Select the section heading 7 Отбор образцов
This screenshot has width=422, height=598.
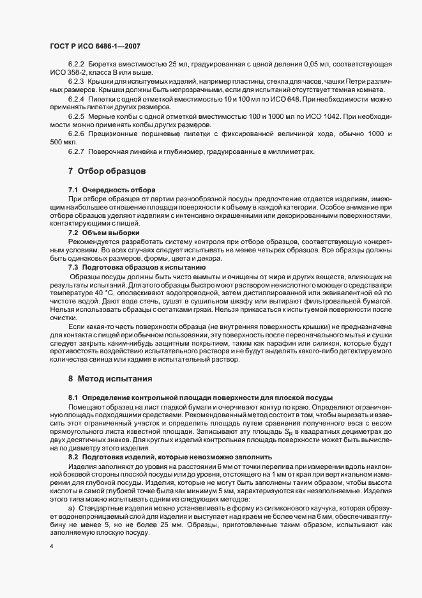pyautogui.click(x=107, y=171)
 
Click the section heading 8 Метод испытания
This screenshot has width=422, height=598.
pyautogui.click(x=110, y=379)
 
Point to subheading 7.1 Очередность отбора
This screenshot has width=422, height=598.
pyautogui.click(x=110, y=191)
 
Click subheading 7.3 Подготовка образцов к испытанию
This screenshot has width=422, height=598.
pyautogui.click(x=137, y=266)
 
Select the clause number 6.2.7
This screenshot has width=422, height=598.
pyautogui.click(x=76, y=151)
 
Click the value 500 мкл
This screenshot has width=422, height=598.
pyautogui.click(x=63, y=141)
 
